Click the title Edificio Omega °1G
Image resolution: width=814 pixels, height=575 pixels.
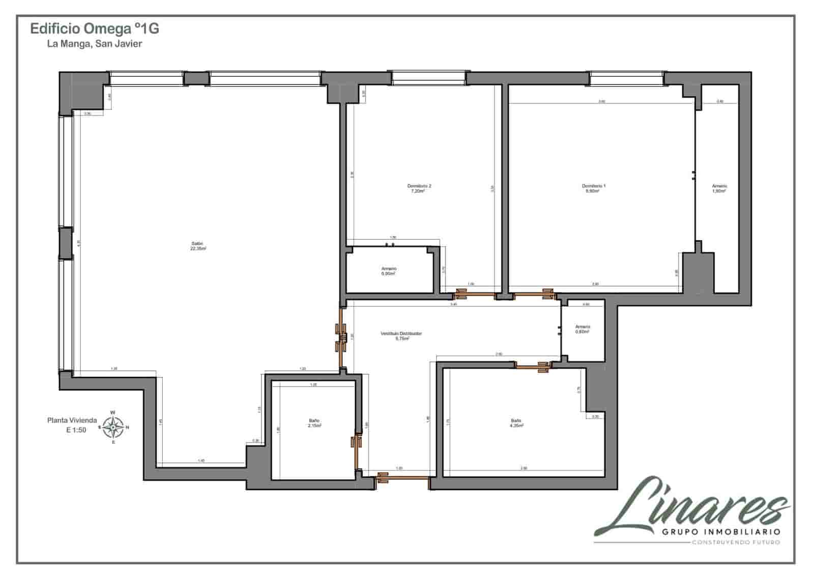tap(95, 29)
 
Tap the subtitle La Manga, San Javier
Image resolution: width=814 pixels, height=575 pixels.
tap(95, 44)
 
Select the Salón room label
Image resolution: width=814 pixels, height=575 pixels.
tap(198, 246)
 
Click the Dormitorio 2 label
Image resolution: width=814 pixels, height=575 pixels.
tap(419, 189)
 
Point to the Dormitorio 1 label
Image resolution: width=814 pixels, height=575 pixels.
tap(594, 189)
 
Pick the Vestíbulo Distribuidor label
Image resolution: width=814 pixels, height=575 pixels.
tap(401, 336)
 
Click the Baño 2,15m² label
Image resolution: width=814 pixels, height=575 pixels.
tap(314, 423)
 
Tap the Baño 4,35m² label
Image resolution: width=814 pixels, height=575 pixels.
tap(516, 423)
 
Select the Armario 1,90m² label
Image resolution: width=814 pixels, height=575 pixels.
tap(719, 189)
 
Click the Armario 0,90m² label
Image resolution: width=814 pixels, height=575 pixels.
tap(389, 271)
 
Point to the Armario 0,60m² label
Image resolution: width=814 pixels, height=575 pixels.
tap(583, 329)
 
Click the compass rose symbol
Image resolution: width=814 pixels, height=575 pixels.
tap(113, 427)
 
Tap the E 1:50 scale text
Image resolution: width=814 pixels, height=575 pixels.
tap(76, 430)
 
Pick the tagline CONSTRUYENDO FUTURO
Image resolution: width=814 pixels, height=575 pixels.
tap(735, 542)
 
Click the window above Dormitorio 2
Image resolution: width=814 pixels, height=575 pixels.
tap(428, 77)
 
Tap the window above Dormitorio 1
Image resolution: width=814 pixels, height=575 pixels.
tap(627, 78)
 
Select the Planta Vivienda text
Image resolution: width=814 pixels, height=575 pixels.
tap(72, 420)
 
